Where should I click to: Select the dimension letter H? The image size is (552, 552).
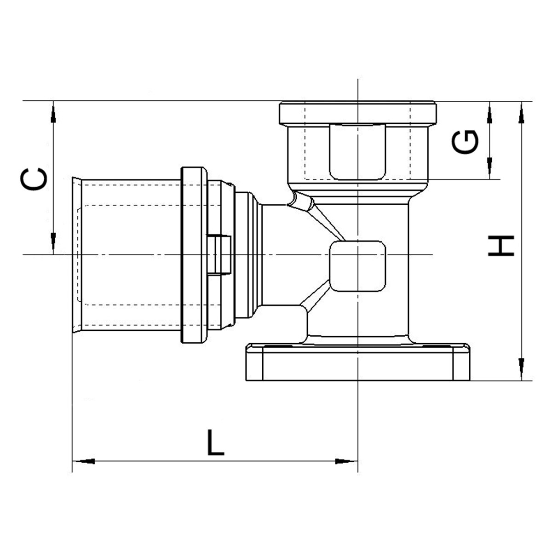[501, 246]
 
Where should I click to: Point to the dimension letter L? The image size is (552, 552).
[215, 443]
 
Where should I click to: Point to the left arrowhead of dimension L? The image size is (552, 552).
[85, 461]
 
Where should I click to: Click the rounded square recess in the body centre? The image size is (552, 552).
[358, 266]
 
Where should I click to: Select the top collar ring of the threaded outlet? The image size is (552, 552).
[358, 113]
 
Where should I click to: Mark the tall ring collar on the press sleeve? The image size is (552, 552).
[194, 255]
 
